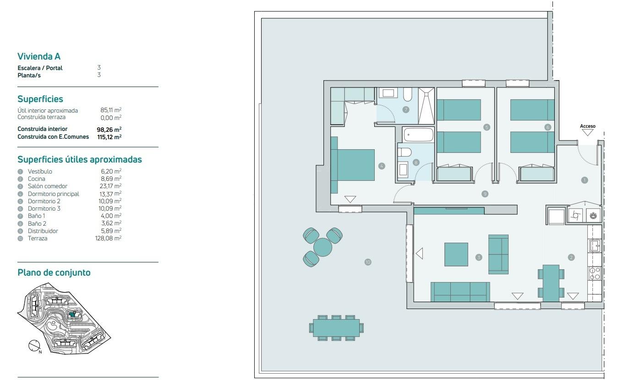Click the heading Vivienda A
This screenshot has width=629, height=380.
(x=39, y=56)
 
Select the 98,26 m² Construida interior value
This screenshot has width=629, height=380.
(x=109, y=130)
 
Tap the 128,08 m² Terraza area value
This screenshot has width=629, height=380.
(x=108, y=239)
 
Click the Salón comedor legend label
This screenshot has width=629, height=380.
(x=47, y=186)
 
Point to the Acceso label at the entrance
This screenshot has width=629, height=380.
(x=587, y=126)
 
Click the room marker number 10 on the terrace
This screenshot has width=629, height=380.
(x=367, y=262)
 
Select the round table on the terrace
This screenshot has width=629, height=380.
(x=323, y=247)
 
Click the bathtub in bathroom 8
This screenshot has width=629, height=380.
(x=418, y=135)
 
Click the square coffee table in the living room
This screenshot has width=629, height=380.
(x=456, y=255)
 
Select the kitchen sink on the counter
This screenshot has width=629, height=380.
(x=595, y=246)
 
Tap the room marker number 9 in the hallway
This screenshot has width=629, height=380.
(x=485, y=194)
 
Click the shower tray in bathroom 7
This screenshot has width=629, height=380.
(x=427, y=106)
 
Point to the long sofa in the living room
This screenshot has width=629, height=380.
(x=460, y=292)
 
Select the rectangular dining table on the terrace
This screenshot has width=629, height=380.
(x=336, y=328)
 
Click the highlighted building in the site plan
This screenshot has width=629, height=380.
(x=73, y=315)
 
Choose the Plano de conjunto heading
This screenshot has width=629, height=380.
(x=54, y=273)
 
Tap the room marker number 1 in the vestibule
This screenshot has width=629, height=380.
(x=584, y=180)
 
